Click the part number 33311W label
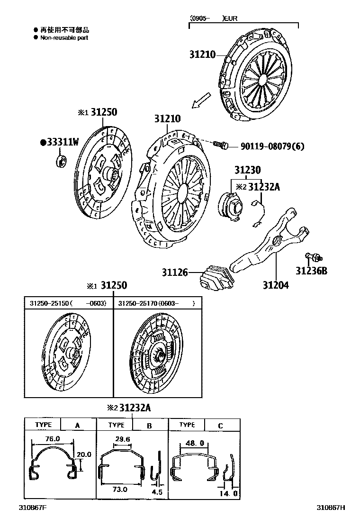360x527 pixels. [x=61, y=142]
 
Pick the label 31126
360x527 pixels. [x=175, y=273]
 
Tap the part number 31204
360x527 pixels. [x=276, y=285]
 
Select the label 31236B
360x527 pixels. [x=312, y=271]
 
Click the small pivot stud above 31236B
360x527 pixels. [x=313, y=257]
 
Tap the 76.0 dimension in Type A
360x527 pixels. [x=53, y=439]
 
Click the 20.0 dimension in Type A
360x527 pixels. [x=84, y=454]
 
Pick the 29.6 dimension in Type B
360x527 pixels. [x=122, y=439]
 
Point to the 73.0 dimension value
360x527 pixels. [x=121, y=489]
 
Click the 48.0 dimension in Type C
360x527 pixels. [x=195, y=443]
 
